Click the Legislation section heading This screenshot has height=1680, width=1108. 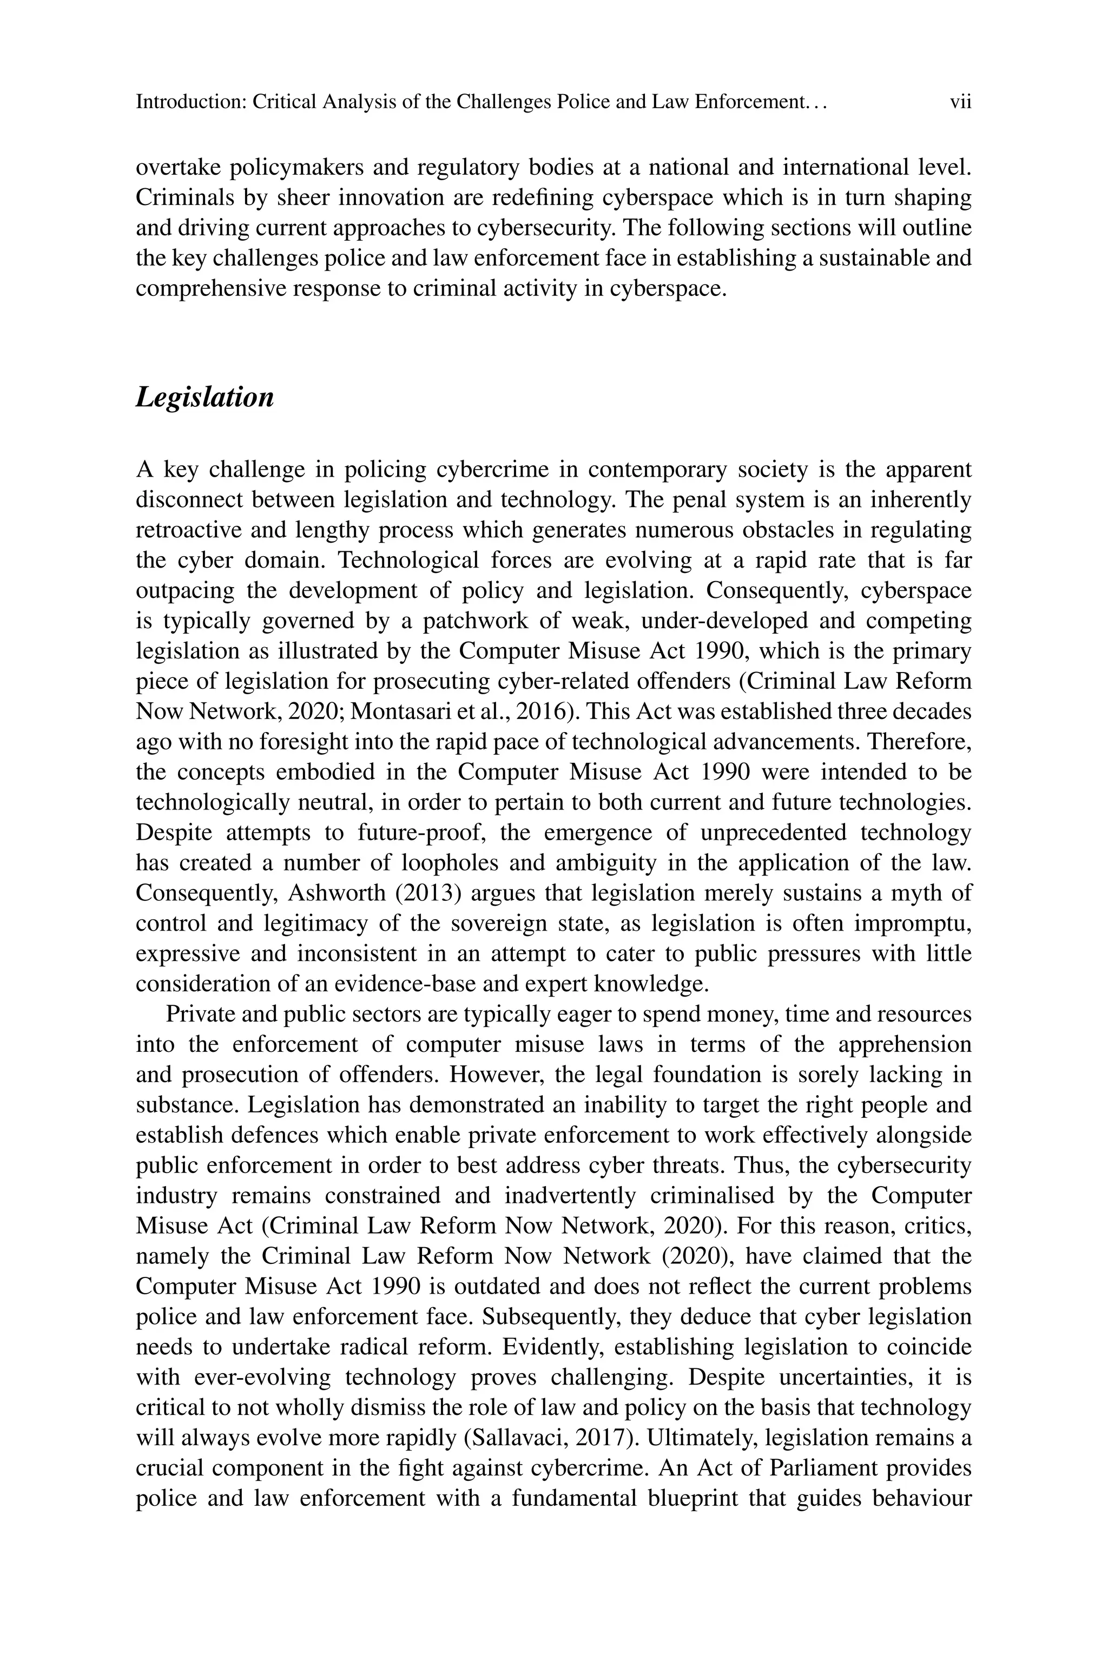click(x=204, y=398)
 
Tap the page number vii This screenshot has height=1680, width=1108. click(x=960, y=102)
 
